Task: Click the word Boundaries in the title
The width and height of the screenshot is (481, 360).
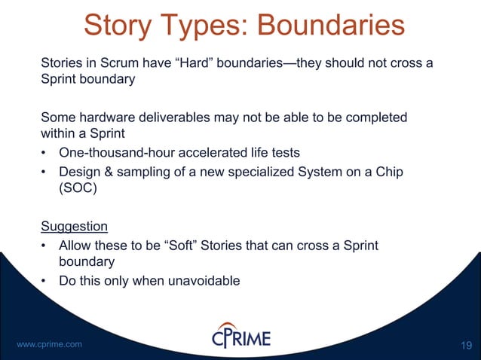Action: coord(330,24)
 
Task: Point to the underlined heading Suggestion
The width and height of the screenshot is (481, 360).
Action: coord(74,227)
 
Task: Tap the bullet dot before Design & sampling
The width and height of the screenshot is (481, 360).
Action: coord(44,172)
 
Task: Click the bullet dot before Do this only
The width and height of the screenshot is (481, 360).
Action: coord(44,282)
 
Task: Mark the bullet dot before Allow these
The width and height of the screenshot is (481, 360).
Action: coord(44,246)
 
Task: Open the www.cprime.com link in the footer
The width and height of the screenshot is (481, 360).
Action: coord(49,344)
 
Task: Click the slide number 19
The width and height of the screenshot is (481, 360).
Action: coord(465,345)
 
